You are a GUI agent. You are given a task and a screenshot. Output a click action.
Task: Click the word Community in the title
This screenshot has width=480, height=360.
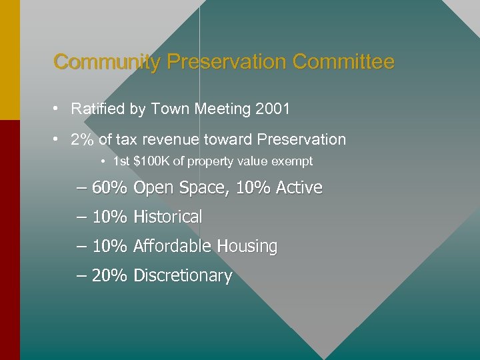point(107,63)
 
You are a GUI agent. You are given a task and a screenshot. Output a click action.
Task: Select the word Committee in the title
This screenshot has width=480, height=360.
point(343,63)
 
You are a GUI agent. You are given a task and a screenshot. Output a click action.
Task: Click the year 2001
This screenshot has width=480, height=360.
point(273,108)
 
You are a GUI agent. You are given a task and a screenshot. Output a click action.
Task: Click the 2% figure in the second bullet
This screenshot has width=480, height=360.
point(83,139)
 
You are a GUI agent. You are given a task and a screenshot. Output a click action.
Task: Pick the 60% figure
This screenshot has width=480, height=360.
point(109,188)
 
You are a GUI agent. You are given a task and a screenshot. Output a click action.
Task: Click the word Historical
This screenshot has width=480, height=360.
point(167,217)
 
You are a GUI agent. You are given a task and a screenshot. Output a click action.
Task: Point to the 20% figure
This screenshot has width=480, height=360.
point(109,276)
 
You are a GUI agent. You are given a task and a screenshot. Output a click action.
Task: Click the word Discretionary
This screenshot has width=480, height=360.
point(183,276)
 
